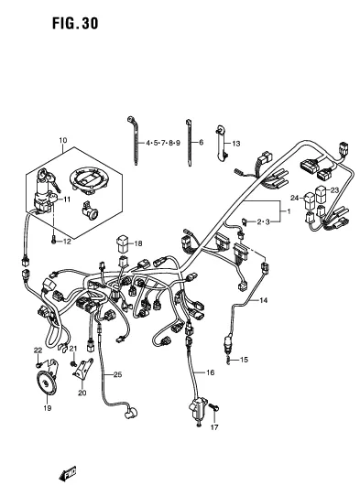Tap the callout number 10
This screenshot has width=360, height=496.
click(63, 141)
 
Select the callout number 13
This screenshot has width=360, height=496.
click(235, 145)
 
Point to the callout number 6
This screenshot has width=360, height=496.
click(201, 145)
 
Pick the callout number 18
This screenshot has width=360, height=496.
click(139, 244)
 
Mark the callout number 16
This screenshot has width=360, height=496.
click(210, 373)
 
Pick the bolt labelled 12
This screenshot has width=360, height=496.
click(55, 240)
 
